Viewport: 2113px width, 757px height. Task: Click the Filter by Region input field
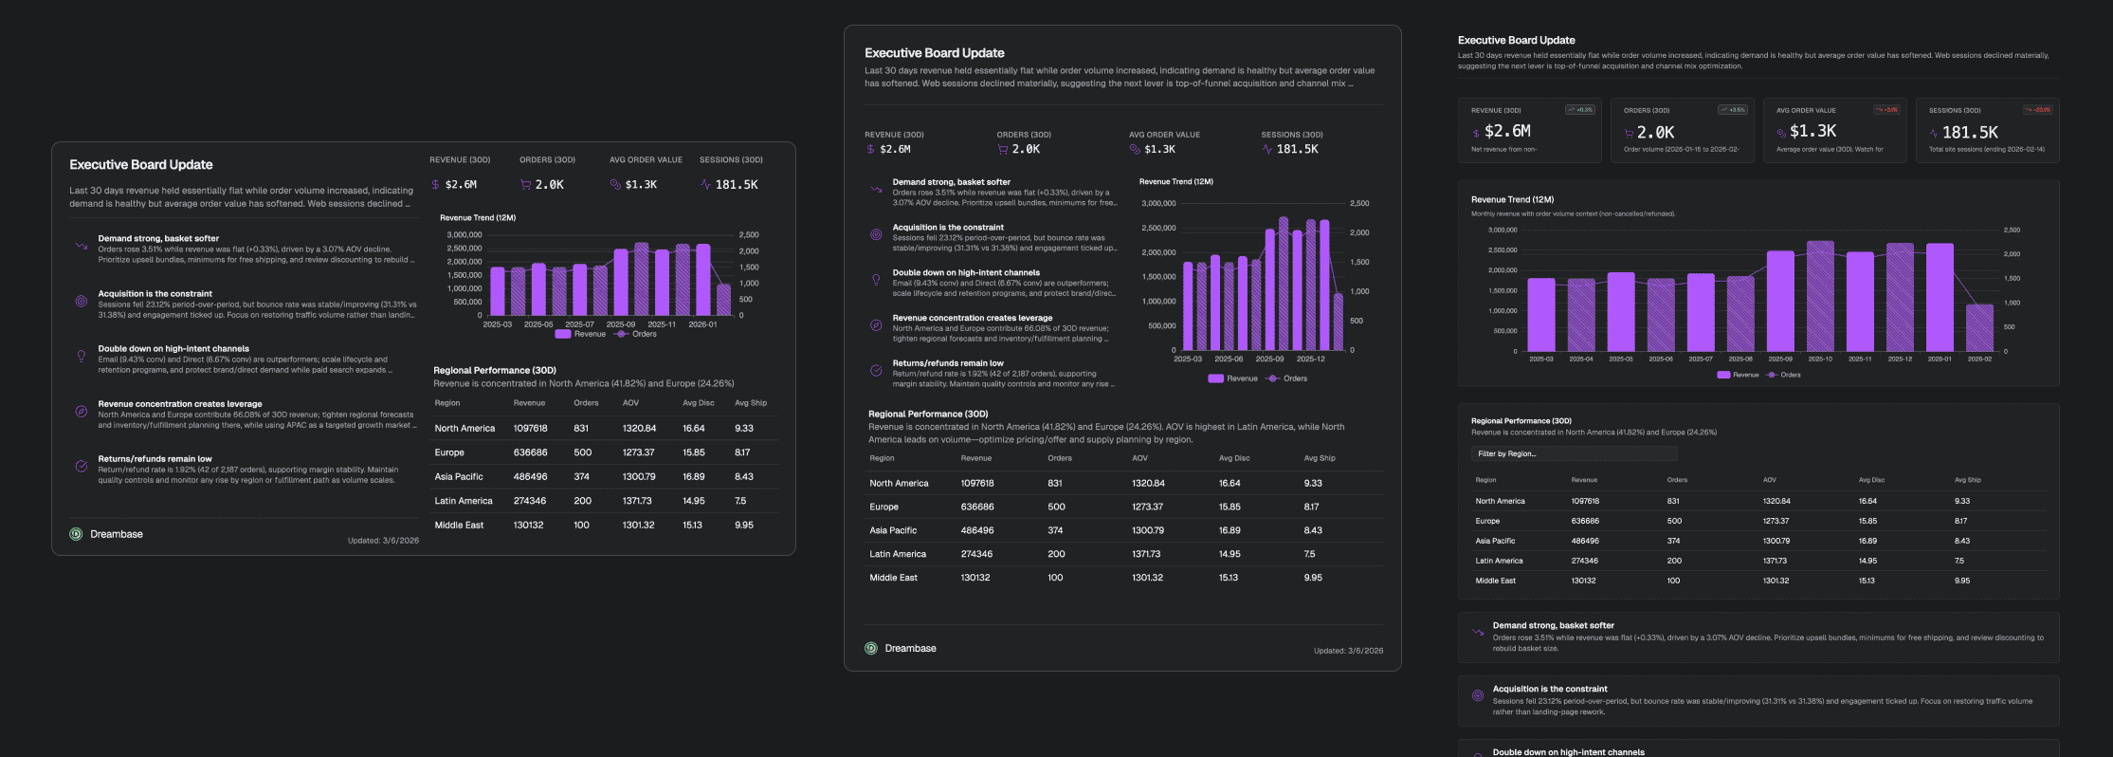coord(1574,453)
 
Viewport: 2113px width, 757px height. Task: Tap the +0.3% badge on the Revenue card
coord(1580,110)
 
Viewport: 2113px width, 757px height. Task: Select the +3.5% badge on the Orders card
coord(1733,110)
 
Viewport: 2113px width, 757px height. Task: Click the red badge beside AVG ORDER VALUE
coord(1886,110)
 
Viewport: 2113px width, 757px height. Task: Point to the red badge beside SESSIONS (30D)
coord(2038,110)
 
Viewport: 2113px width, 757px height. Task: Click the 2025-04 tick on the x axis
coord(1581,360)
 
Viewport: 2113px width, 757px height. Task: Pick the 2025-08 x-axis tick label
coord(1740,360)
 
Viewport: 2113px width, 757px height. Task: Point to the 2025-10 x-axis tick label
coord(1820,360)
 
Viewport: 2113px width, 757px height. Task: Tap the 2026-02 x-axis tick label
coord(1979,360)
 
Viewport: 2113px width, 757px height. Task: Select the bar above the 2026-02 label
coord(1979,328)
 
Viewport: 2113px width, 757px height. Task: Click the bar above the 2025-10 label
coord(1820,296)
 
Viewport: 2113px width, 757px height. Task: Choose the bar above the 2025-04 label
coord(1581,315)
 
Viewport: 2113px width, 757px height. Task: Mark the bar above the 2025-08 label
coord(1740,314)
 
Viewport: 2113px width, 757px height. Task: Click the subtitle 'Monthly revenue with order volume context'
coord(1573,213)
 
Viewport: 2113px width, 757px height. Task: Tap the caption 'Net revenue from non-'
coord(1504,149)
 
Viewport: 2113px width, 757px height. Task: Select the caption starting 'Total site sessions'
coord(1986,149)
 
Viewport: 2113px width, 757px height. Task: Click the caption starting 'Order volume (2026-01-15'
coord(1681,149)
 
